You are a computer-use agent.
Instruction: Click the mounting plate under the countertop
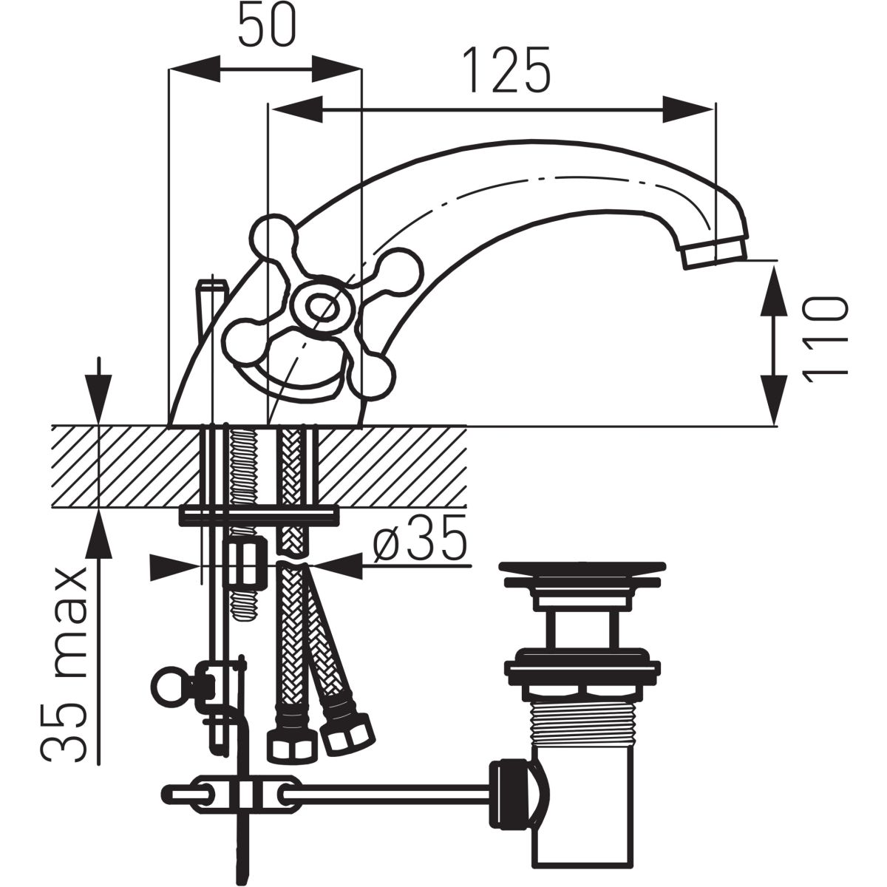coord(259,514)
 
